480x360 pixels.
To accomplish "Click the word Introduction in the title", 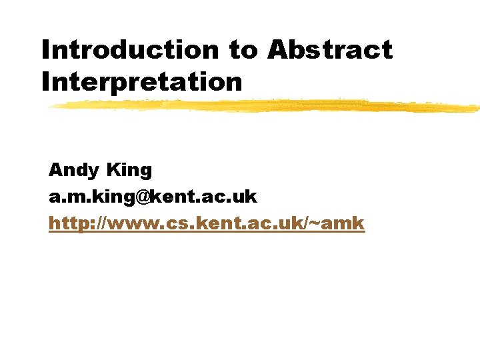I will point(129,49).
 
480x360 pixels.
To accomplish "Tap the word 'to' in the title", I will point(244,50).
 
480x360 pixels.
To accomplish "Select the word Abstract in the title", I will point(330,49).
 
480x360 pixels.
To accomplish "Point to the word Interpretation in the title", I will point(141,82).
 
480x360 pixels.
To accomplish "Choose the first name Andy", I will point(73,171).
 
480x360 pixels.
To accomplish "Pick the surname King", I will point(129,171).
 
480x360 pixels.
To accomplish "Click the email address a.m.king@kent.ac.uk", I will point(153,197).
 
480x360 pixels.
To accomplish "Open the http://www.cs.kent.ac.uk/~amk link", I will point(207,223).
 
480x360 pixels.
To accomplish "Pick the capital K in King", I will point(113,170).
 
